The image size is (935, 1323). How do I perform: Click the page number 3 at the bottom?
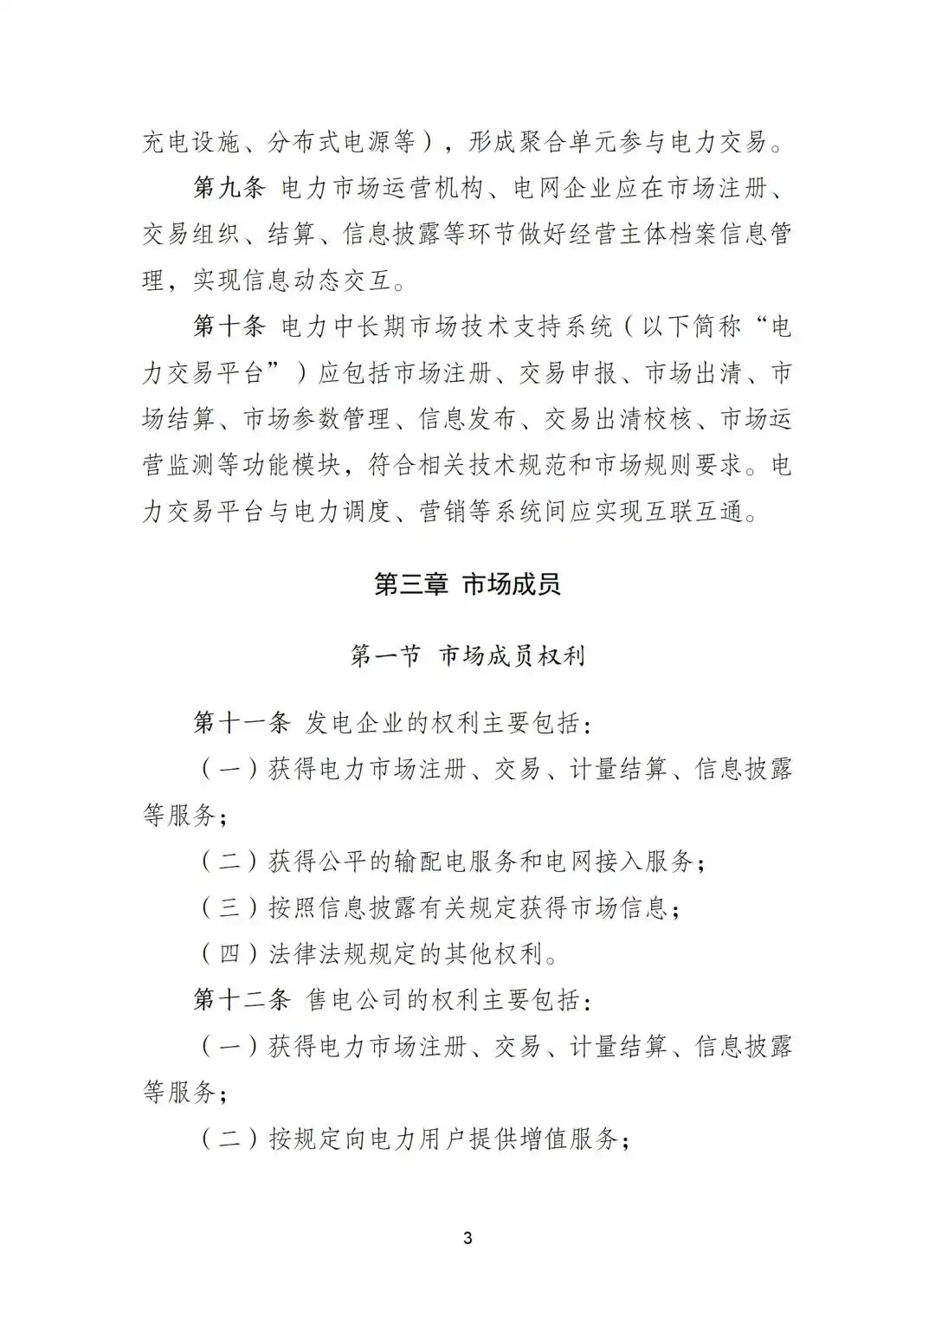click(467, 1238)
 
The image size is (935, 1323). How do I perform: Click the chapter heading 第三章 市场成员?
click(467, 584)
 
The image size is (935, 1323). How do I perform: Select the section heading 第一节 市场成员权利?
click(467, 655)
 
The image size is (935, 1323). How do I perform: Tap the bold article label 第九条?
click(229, 187)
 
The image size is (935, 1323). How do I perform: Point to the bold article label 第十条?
click(229, 326)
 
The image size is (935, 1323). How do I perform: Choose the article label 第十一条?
click(242, 722)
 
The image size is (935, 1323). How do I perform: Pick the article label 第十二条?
click(242, 1000)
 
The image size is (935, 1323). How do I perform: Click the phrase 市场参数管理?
click(317, 420)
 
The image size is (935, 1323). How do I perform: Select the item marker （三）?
click(229, 907)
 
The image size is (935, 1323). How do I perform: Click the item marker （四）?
click(229, 954)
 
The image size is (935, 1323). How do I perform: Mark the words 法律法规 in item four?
click(317, 954)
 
